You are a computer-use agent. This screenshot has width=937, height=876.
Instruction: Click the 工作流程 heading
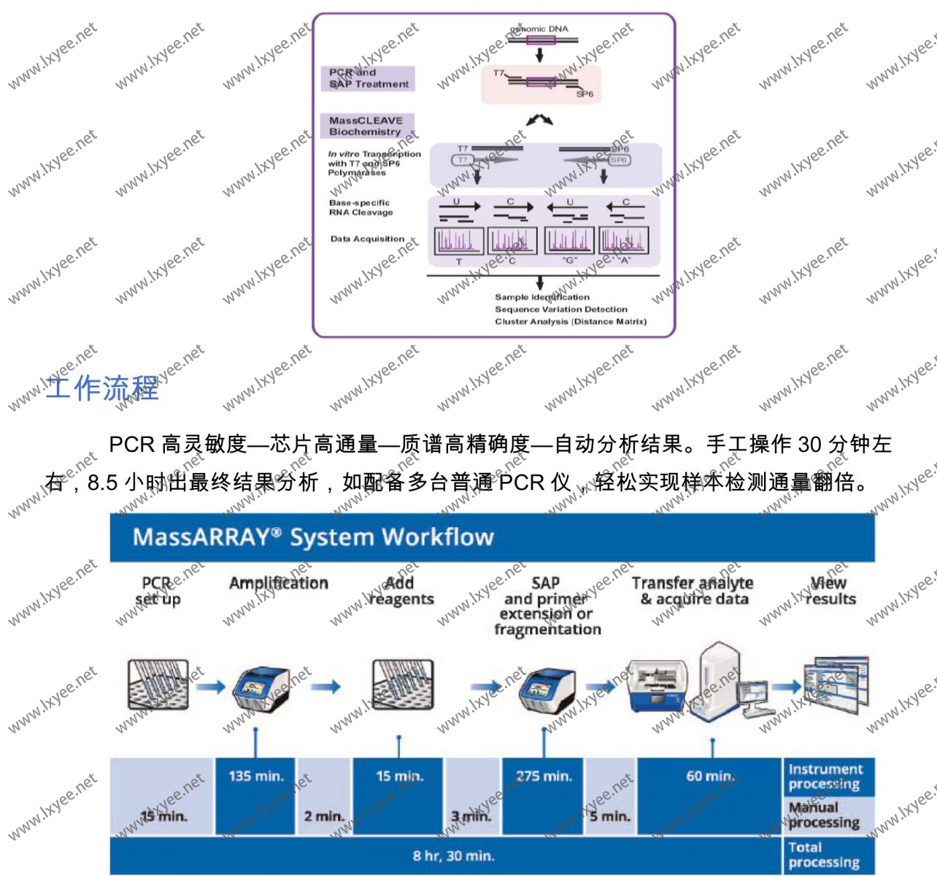102,388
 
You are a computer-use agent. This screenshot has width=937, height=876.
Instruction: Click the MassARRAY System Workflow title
313,538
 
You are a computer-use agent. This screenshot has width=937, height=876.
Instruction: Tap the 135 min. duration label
255,776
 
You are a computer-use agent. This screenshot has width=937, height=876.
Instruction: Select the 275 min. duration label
544,776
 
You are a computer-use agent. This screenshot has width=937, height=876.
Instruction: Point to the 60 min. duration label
709,776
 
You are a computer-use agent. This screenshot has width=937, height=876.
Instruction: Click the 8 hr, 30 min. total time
453,856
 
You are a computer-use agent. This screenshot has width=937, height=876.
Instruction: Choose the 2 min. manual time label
324,816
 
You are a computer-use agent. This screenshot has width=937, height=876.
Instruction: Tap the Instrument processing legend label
825,777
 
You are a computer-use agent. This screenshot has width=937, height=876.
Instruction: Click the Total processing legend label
823,855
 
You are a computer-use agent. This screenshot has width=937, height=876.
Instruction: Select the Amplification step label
279,583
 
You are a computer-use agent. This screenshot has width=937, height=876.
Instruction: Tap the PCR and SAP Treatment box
368,79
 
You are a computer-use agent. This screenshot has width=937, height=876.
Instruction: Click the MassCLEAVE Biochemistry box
366,126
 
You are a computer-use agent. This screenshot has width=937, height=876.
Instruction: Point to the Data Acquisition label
367,239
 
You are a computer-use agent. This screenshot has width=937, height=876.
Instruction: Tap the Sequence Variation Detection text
560,310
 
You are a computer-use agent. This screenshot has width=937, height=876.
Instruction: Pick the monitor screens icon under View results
835,683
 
